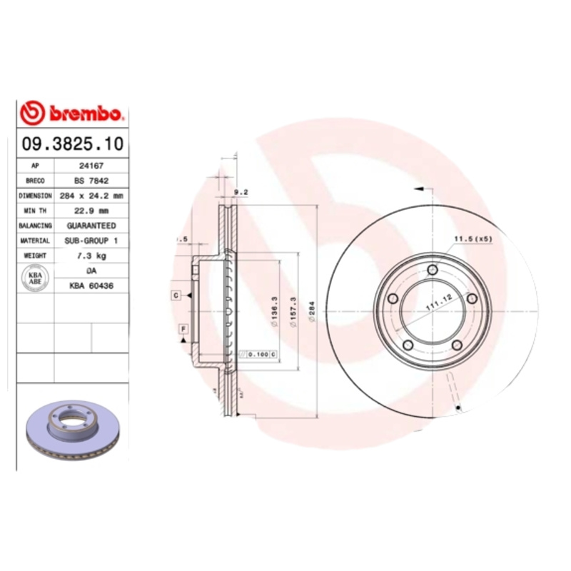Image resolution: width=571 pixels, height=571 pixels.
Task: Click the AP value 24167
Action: coord(91,165)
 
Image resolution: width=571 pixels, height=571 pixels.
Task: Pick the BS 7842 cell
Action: coord(91,180)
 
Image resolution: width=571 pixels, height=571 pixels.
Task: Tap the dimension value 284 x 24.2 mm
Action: coord(91,195)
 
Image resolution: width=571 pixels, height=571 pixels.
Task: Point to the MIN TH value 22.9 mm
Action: coord(91,210)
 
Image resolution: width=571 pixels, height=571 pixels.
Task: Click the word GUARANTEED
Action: coord(91,225)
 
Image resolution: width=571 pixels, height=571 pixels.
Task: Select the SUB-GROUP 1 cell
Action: coord(91,241)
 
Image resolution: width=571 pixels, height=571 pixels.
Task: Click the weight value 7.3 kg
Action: coord(91,256)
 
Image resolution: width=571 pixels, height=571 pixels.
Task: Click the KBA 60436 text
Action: coord(91,285)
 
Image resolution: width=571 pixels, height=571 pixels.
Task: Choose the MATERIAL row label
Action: coord(35,241)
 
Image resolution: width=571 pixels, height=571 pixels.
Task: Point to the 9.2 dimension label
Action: coord(241,191)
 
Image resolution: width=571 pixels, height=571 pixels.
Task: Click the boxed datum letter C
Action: coord(175,295)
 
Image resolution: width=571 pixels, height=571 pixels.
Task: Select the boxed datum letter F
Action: coord(183,328)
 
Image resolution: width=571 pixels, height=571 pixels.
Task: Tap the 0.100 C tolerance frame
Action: coord(262,354)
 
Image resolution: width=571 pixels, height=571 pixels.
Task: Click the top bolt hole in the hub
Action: coord(433,269)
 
